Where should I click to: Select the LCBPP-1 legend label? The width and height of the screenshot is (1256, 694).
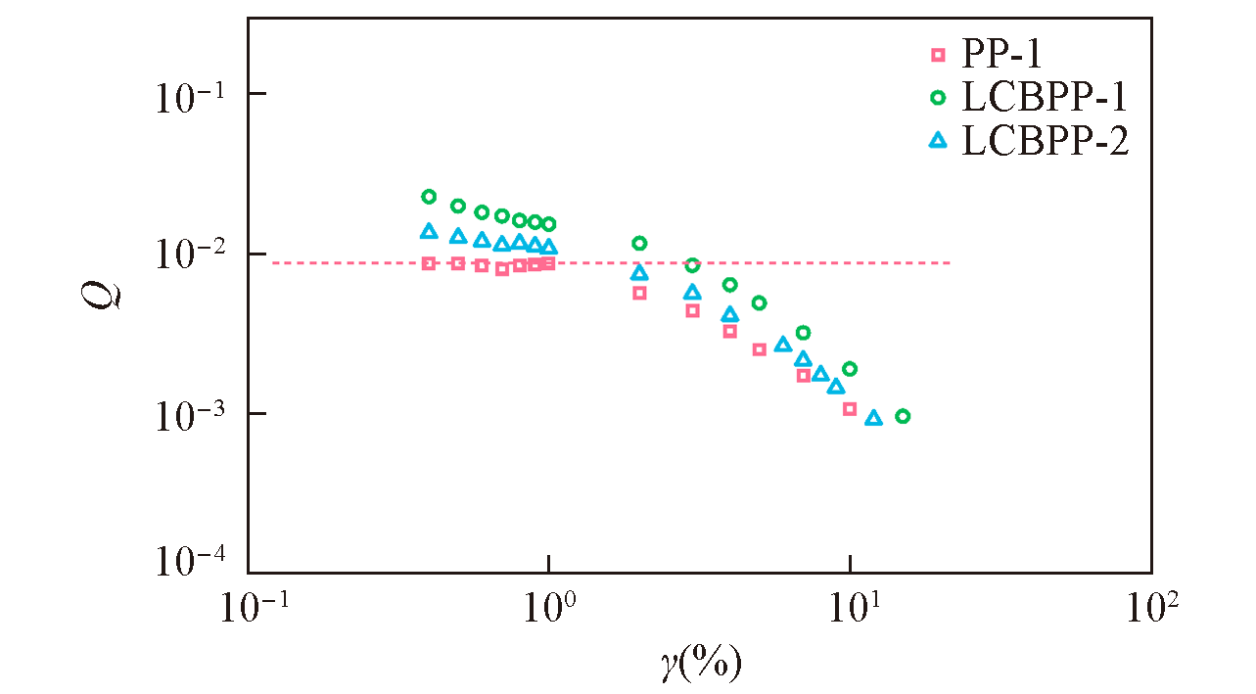tap(1045, 97)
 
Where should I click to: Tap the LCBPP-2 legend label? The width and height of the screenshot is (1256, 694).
tap(1045, 141)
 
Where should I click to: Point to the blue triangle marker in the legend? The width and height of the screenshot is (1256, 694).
tap(938, 140)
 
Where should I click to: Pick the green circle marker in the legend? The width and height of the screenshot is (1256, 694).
tap(938, 97)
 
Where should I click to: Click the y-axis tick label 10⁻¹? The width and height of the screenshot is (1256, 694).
tap(190, 96)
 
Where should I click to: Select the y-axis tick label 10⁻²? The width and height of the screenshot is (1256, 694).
tap(190, 255)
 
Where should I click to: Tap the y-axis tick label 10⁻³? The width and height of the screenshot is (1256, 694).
tap(190, 415)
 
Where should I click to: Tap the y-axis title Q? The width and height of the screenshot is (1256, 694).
tap(102, 291)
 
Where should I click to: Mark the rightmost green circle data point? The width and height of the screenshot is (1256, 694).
tap(903, 416)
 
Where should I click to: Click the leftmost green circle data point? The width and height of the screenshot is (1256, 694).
tap(428, 197)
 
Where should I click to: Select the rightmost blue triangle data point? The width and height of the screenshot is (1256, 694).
tap(873, 418)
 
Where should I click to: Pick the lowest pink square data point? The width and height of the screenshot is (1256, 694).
tap(850, 409)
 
